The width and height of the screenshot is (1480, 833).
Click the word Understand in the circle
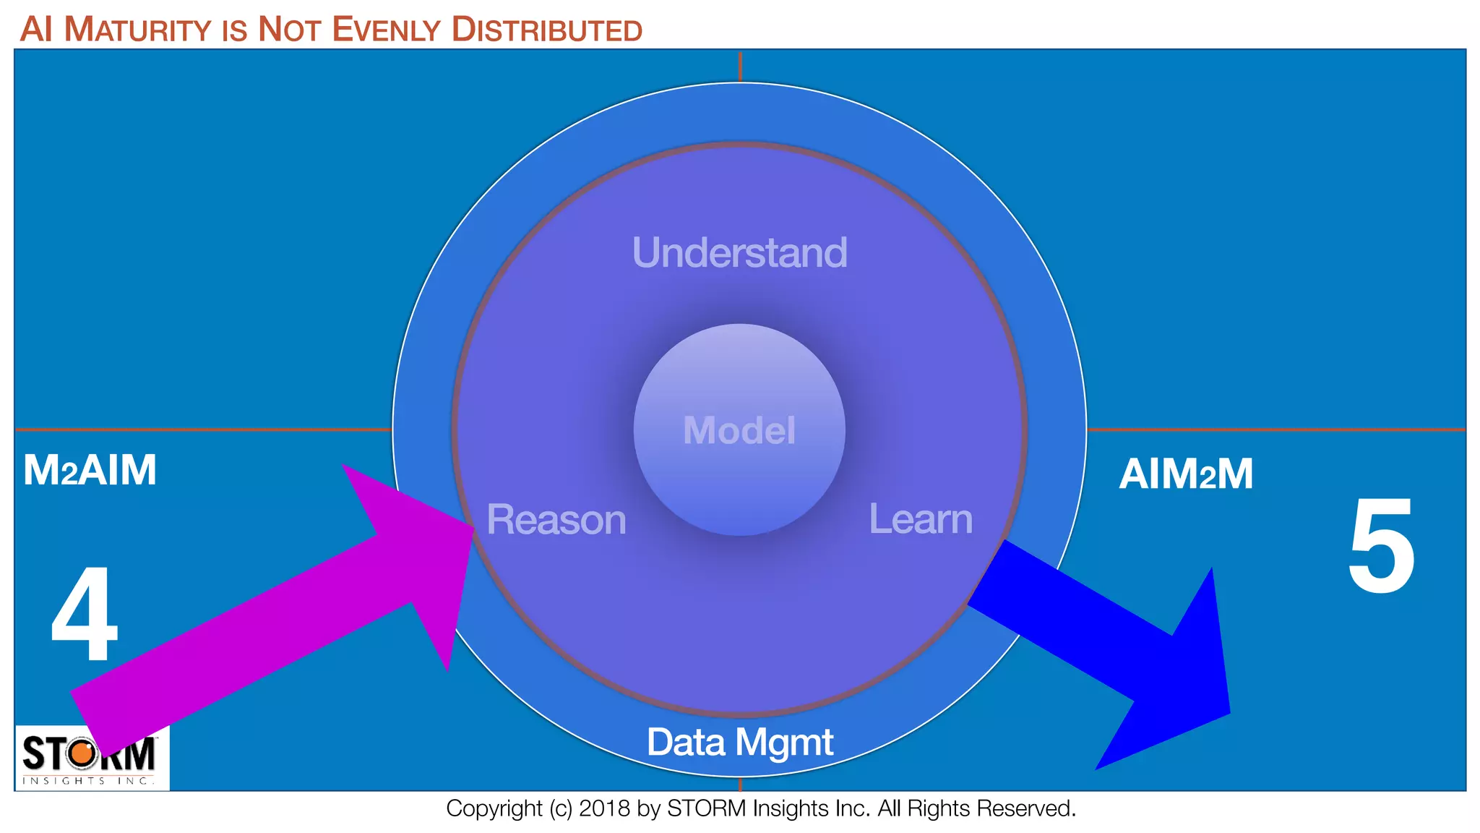[739, 253]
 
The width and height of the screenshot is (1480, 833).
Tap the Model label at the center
[739, 430]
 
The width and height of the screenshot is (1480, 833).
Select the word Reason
[556, 520]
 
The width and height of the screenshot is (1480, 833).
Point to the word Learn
[921, 519]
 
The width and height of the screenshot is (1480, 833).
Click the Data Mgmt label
[739, 743]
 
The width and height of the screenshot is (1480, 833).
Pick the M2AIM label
[90, 470]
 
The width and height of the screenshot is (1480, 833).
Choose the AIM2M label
[1186, 474]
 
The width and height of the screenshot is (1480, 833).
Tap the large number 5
[1382, 547]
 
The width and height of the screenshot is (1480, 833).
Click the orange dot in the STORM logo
[82, 753]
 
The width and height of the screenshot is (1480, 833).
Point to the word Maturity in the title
[137, 30]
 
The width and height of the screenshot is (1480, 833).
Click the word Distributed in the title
[546, 30]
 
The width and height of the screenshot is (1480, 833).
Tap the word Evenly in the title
[386, 30]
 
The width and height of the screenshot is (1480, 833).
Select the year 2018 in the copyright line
[604, 808]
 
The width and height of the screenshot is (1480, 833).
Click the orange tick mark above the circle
[740, 66]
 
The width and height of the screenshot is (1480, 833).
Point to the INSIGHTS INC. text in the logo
[88, 781]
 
